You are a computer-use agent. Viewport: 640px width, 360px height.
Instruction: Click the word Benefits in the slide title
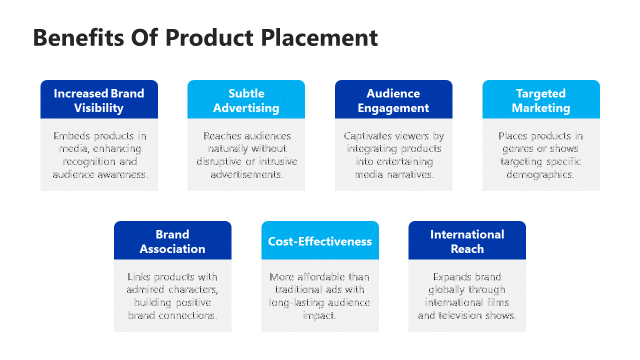[x=78, y=37]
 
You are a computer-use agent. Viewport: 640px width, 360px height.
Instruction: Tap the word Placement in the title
[x=319, y=37]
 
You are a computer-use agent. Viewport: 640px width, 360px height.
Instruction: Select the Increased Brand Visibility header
[x=99, y=99]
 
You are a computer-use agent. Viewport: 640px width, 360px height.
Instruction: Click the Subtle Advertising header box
[x=246, y=99]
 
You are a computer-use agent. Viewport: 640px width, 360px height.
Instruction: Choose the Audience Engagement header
[x=393, y=99]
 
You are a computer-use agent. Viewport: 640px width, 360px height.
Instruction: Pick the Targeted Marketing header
[x=541, y=99]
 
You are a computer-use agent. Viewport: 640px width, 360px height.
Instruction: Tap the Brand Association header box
[x=172, y=240]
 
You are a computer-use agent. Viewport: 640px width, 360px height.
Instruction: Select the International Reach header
[x=467, y=240]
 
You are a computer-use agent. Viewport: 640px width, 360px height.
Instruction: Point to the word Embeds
[x=71, y=136]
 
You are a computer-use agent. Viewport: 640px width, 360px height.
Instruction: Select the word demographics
[x=540, y=175]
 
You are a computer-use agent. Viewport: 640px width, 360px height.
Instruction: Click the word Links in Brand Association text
[x=139, y=277]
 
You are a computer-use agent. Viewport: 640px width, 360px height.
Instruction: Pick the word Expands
[x=452, y=277]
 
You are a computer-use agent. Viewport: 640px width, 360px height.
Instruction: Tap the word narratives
[x=410, y=174]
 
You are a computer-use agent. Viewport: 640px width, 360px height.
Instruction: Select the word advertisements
[x=247, y=174]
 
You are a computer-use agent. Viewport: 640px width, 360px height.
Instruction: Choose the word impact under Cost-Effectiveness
[x=319, y=316]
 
